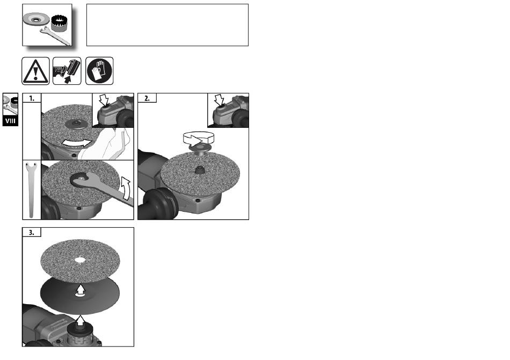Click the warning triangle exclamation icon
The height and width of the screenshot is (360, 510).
pos(35,71)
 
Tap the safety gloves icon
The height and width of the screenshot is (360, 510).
pos(99,71)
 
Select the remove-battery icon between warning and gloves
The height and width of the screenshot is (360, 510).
pos(67,71)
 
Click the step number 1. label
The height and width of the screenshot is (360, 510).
pos(32,98)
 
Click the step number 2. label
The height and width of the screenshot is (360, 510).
pos(147,98)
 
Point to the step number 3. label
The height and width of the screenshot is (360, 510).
pos(32,233)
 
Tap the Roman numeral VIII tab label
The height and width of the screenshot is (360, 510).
pos(10,121)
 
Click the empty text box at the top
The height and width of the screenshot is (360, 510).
pos(167,25)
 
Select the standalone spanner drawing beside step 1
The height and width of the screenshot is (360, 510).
pos(31,190)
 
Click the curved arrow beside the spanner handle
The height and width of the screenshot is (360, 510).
pos(126,188)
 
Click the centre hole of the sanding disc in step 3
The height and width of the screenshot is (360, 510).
pos(80,260)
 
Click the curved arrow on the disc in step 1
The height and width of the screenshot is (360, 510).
pos(77,142)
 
